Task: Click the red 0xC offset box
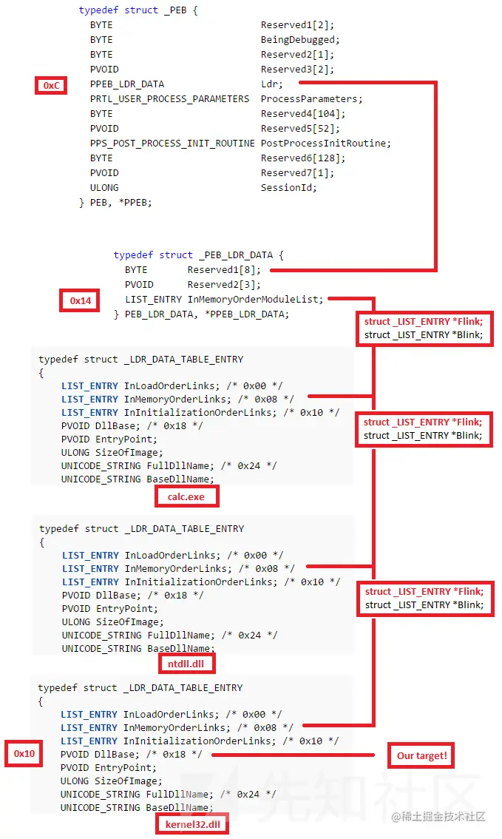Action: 51,85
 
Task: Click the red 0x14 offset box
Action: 81,300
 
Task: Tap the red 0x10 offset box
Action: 24,753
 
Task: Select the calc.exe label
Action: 186,496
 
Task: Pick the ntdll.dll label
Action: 186,664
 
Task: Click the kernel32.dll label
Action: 192,824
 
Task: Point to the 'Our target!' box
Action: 421,755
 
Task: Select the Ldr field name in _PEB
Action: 271,84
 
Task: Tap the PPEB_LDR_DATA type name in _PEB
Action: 127,84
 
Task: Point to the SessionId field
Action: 288,187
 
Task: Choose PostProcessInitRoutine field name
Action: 325,143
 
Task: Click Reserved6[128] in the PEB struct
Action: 303,158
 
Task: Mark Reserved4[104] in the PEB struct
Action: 303,113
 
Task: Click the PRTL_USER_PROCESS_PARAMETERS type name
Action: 170,98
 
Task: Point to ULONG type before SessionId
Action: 104,187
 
